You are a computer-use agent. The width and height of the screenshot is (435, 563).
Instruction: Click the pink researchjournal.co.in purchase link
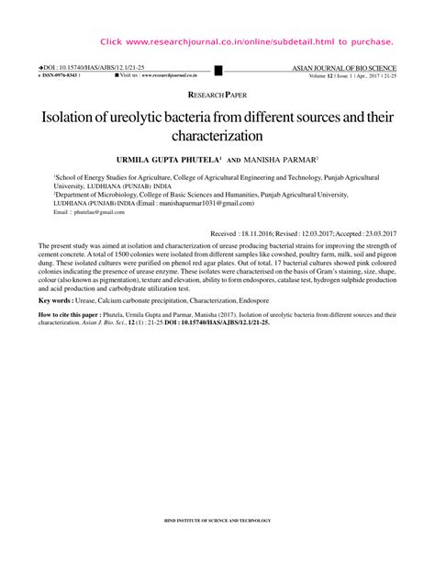click(x=246, y=42)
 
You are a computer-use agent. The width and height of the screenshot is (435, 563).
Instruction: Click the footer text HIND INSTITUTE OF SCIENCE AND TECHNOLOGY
click(x=217, y=520)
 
